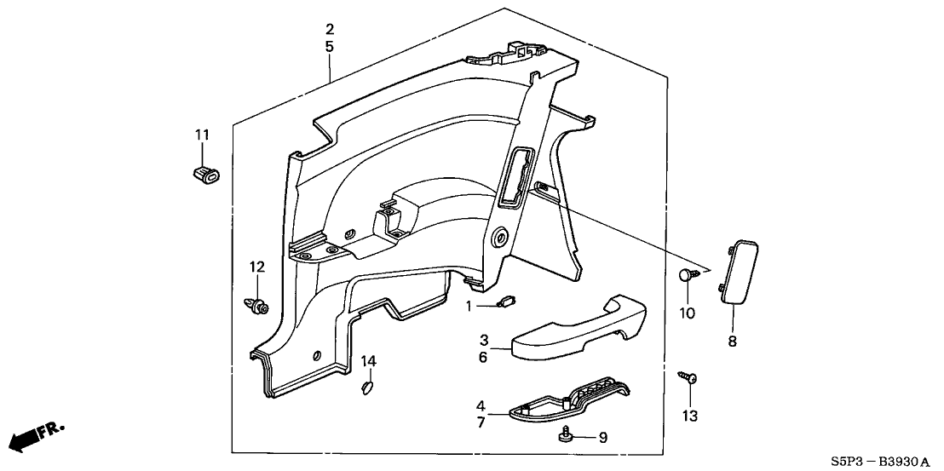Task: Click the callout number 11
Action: coord(201,135)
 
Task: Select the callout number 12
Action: coord(256,267)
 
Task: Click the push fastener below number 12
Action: coord(255,303)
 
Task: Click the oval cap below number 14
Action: coord(367,388)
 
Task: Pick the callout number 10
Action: coord(687,313)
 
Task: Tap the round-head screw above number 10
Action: coord(688,275)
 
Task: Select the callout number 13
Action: coord(688,416)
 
